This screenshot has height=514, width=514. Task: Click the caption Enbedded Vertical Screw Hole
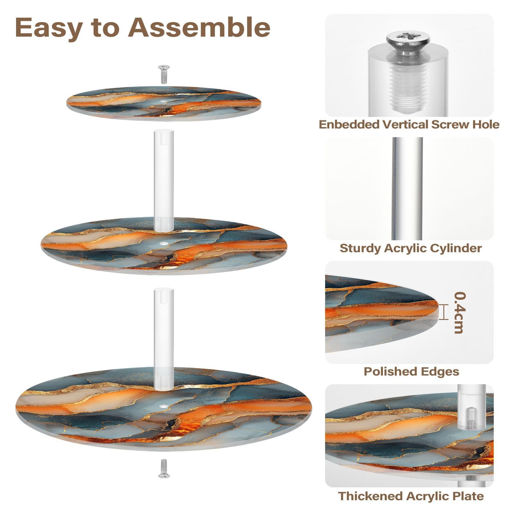409,125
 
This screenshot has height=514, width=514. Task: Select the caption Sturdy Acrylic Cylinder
411,248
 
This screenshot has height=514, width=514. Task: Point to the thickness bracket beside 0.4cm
444,312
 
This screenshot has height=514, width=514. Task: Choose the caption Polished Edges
411,371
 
